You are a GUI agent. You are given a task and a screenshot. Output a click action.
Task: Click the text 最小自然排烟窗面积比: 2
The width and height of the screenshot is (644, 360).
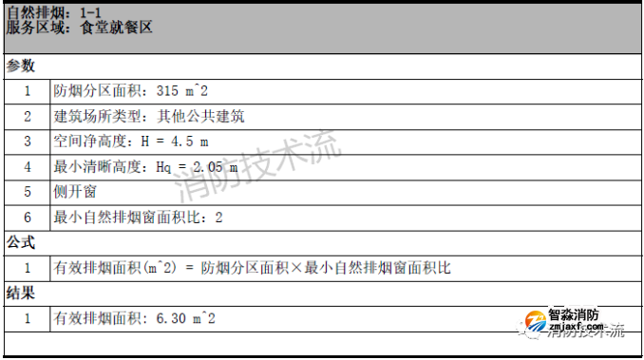coord(138,218)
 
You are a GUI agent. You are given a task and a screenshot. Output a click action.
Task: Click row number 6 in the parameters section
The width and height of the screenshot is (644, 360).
coord(28,218)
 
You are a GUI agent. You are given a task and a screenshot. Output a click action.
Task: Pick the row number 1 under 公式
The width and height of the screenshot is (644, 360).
coord(28,268)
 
